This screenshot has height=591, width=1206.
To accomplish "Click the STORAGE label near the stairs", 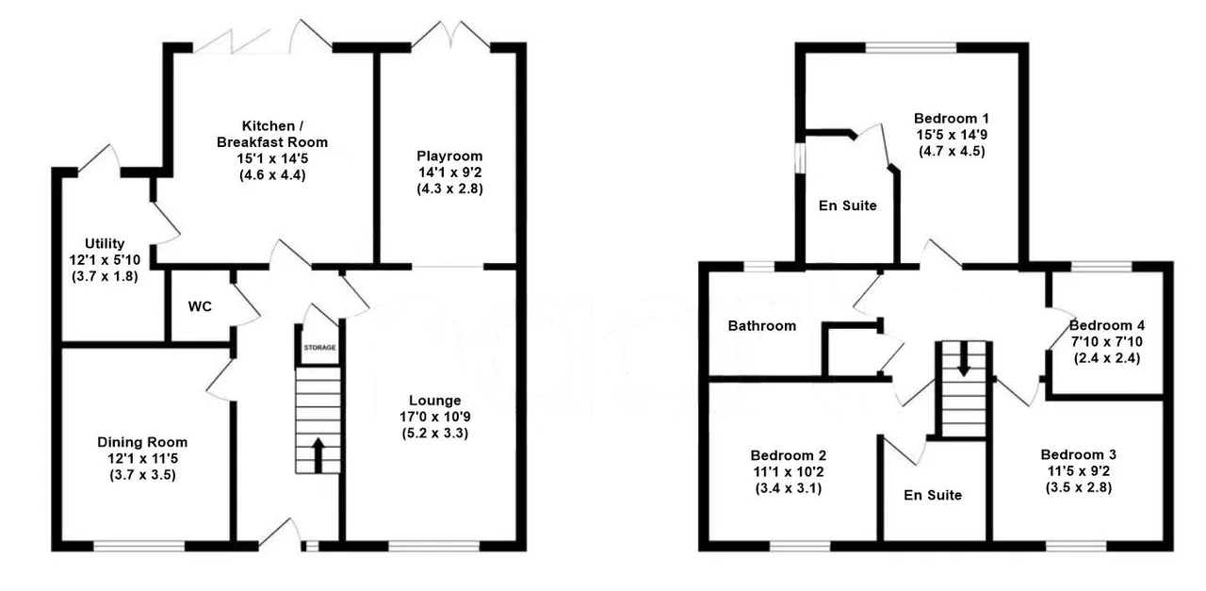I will (x=318, y=349).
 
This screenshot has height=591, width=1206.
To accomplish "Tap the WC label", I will (x=199, y=307).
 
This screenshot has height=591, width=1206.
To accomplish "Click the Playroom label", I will (x=449, y=156).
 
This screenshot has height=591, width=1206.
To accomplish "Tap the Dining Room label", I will (x=142, y=442).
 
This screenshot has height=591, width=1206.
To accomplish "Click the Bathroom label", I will (x=761, y=326).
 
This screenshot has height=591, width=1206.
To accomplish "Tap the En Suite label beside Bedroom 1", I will (x=847, y=205).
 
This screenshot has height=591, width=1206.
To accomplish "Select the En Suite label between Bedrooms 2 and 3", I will (x=933, y=494).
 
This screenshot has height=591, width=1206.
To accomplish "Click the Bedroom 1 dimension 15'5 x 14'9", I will (x=951, y=135).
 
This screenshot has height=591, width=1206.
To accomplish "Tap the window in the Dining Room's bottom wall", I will (x=139, y=545).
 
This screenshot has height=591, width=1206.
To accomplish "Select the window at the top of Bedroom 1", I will (x=910, y=47).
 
